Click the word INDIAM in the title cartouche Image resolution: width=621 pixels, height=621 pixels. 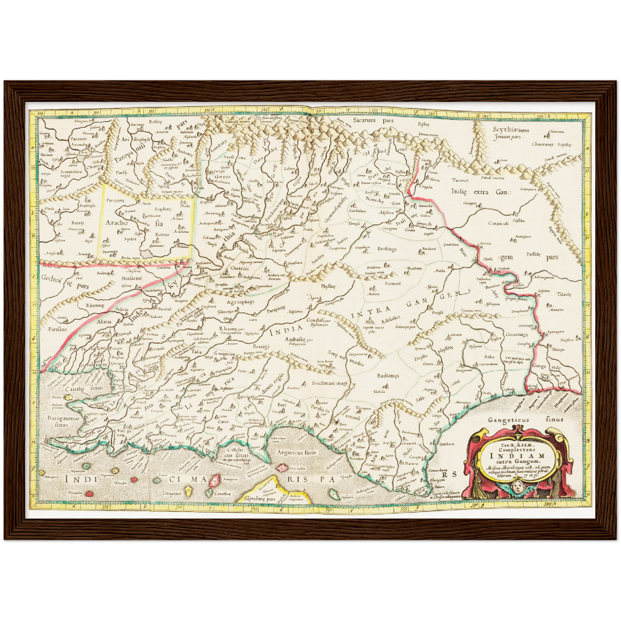coord(521,456)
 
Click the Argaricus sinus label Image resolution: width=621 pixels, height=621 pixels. coord(296,452)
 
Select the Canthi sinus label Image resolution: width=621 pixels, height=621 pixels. coord(84,388)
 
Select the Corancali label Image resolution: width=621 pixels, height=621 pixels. coord(499,223)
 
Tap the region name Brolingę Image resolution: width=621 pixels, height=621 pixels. coord(387,249)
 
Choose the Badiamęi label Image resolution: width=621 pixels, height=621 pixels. coord(388,376)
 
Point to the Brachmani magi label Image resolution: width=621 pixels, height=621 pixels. coord(330,382)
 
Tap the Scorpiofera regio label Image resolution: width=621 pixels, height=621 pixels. coord(59,173)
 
